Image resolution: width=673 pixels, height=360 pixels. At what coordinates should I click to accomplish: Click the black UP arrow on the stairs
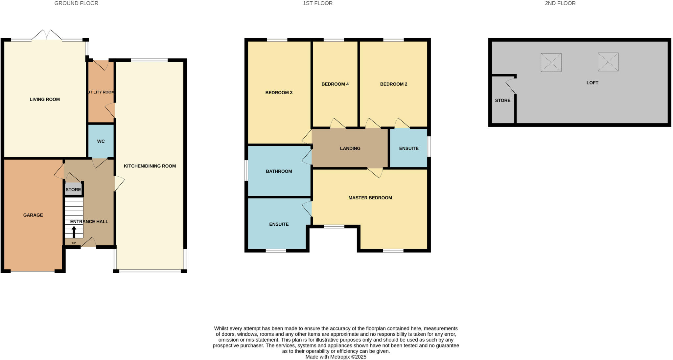tap(74, 232)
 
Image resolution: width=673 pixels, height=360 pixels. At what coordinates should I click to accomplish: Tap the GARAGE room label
tap(33, 215)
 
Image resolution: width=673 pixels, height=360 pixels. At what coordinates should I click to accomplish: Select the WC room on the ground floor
tap(101, 141)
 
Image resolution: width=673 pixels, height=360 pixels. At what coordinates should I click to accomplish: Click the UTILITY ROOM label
tap(101, 92)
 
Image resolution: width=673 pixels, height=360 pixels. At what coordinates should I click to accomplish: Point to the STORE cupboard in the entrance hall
tap(73, 190)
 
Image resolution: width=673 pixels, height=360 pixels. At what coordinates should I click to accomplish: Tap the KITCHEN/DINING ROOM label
tap(150, 166)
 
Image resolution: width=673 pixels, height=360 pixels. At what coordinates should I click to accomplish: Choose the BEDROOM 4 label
tap(335, 84)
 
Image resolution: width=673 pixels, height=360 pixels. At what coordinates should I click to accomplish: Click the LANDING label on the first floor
tap(350, 148)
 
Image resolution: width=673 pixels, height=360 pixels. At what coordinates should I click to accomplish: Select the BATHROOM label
tap(279, 171)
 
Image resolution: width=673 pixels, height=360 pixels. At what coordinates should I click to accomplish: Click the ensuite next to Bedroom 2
tap(408, 148)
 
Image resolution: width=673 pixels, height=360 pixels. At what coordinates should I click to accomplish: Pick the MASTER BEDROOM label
tap(370, 198)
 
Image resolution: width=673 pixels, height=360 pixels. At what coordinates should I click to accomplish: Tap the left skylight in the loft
tap(551, 62)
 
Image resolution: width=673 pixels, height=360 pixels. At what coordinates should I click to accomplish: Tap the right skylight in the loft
tap(608, 62)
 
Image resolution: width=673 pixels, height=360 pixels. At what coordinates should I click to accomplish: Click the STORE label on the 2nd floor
tap(502, 101)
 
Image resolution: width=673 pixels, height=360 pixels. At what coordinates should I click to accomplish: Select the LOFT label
tap(592, 83)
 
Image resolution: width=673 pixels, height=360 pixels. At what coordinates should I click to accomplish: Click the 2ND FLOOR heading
tap(560, 3)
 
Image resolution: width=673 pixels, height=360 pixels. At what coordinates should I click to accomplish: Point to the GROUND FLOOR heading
tap(76, 3)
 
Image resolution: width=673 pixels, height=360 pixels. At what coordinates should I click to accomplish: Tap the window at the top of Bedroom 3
tap(277, 40)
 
